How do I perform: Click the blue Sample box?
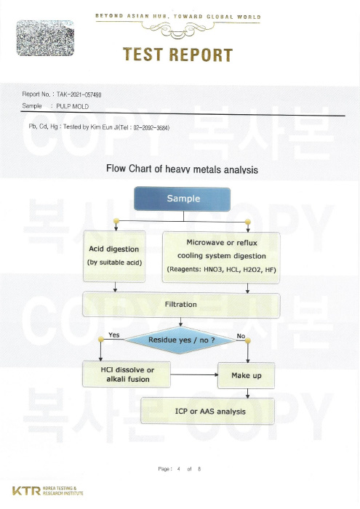[182, 199]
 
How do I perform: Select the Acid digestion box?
[114, 256]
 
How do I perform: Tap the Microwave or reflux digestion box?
[221, 257]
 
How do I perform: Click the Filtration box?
[181, 305]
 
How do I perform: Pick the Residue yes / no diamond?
[180, 340]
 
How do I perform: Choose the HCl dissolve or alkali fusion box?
[127, 374]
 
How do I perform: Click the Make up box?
[246, 376]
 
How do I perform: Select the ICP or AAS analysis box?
[208, 412]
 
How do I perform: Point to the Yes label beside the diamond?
[114, 335]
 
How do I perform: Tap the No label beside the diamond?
[241, 336]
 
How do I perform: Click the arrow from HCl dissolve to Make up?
[194, 374]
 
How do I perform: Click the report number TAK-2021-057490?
[79, 95]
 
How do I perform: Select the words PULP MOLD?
[73, 106]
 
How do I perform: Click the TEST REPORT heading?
[178, 55]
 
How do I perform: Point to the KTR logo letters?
[26, 491]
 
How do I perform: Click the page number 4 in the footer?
[178, 469]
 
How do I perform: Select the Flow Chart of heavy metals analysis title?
[182, 169]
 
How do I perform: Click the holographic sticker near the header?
[45, 38]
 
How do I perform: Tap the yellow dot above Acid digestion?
[116, 221]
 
